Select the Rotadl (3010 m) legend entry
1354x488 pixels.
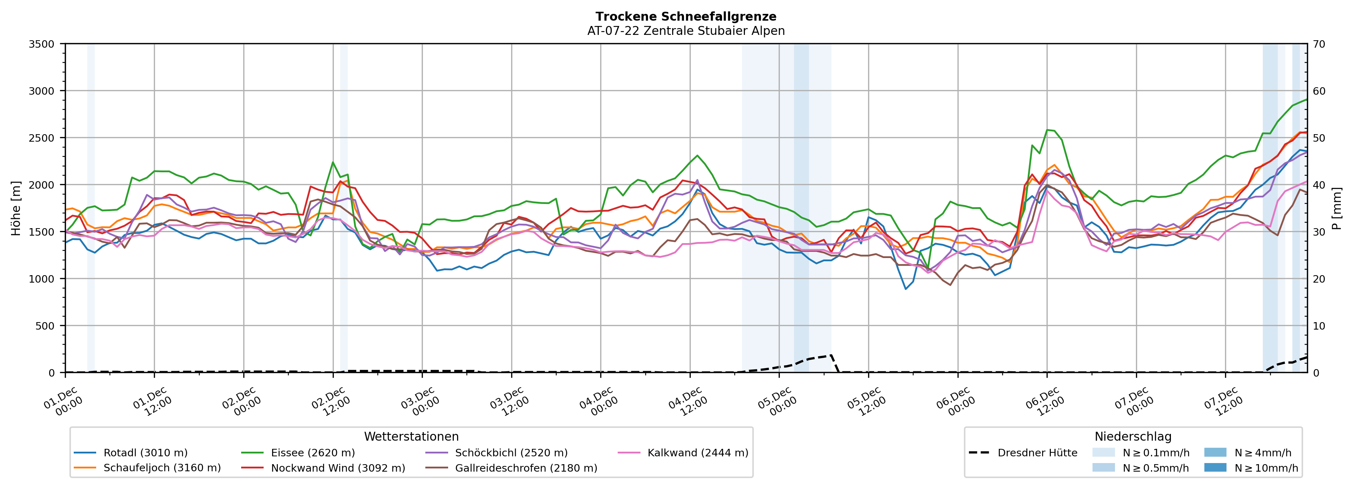pyautogui.click(x=145, y=453)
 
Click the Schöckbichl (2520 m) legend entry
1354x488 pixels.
pyautogui.click(x=511, y=453)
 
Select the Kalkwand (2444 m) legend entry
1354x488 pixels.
pyautogui.click(x=697, y=453)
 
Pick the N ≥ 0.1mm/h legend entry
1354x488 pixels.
pyautogui.click(x=1155, y=453)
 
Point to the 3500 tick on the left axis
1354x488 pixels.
pyautogui.click(x=42, y=44)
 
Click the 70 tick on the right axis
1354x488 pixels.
pyautogui.click(x=1319, y=44)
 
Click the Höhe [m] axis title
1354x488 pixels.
pyautogui.click(x=16, y=208)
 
